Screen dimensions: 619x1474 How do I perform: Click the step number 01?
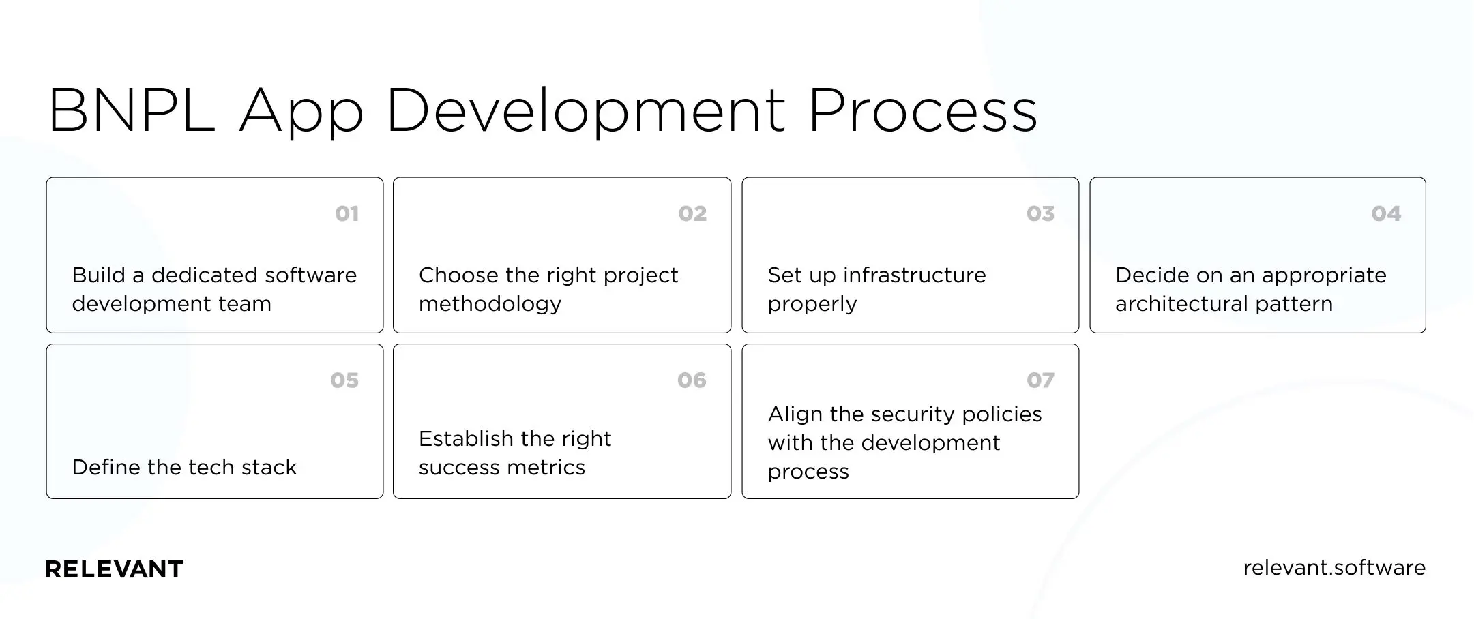point(347,214)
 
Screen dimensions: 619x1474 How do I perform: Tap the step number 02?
point(692,214)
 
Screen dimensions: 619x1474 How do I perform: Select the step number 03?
point(1040,214)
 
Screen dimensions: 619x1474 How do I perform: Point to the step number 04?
point(1386,214)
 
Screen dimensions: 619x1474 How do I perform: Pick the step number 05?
point(344,380)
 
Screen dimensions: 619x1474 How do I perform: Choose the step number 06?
point(692,380)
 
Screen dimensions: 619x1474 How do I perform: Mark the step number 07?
point(1040,380)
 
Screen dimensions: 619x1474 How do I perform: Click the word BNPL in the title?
point(131,110)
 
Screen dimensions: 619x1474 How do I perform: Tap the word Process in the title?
point(922,110)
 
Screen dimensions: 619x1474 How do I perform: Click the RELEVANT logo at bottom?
point(114,569)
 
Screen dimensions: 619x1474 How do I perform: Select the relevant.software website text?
point(1334,568)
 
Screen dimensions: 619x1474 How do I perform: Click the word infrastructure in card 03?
point(914,275)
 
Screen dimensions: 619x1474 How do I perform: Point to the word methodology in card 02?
point(490,304)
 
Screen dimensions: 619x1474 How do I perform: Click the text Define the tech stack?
point(184,468)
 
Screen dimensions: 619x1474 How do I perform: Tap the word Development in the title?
point(585,110)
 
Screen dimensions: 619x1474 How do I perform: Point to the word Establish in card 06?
point(466,439)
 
